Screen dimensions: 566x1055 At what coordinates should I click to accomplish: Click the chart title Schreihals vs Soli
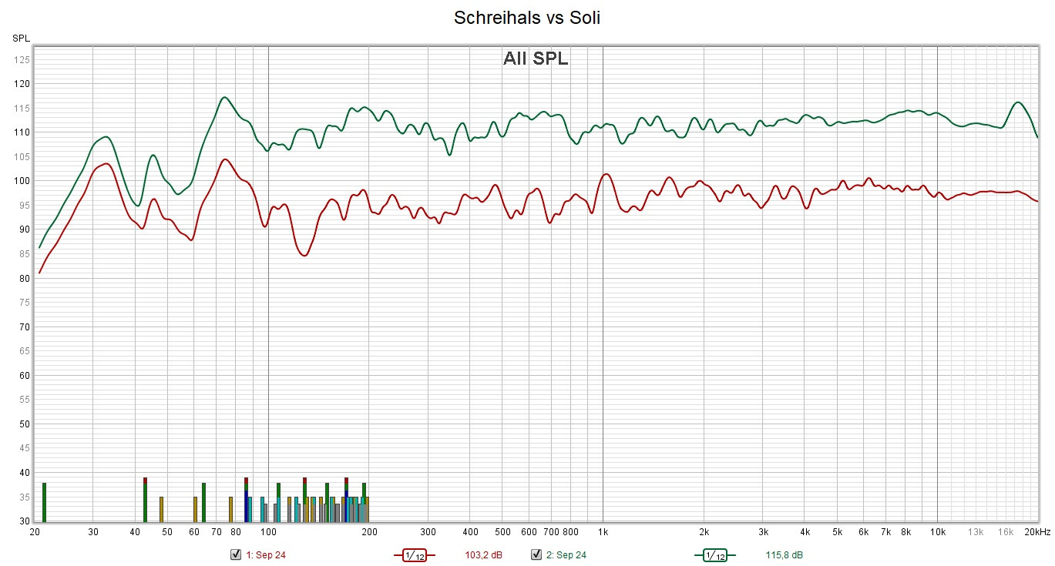pyautogui.click(x=527, y=18)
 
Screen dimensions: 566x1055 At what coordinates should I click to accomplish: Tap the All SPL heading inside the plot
pyautogui.click(x=536, y=59)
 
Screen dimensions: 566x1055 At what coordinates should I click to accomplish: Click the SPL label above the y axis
pyautogui.click(x=21, y=38)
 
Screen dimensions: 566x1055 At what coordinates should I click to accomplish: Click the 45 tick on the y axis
pyautogui.click(x=24, y=448)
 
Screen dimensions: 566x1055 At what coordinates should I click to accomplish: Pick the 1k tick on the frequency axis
pyautogui.click(x=603, y=532)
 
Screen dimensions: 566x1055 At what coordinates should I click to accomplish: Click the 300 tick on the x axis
pyautogui.click(x=428, y=532)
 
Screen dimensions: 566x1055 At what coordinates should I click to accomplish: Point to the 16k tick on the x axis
pyautogui.click(x=1006, y=532)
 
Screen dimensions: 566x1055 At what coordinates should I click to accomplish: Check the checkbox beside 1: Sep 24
pyautogui.click(x=236, y=554)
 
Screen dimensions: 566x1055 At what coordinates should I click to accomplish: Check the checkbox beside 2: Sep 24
pyautogui.click(x=536, y=554)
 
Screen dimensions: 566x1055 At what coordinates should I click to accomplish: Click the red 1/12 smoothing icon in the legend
pyautogui.click(x=414, y=555)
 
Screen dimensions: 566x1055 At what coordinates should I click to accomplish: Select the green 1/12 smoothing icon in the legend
pyautogui.click(x=714, y=555)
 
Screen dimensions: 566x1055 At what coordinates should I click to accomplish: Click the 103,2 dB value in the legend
pyautogui.click(x=483, y=555)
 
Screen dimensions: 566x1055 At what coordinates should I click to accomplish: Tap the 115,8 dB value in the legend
pyautogui.click(x=784, y=555)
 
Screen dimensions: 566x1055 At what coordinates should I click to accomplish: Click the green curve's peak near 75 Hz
pyautogui.click(x=224, y=98)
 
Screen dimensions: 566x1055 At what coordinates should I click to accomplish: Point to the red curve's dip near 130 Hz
pyautogui.click(x=304, y=255)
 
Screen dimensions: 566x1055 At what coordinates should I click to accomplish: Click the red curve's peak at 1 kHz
pyautogui.click(x=606, y=174)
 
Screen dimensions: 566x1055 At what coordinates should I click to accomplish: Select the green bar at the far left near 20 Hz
pyautogui.click(x=45, y=502)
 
